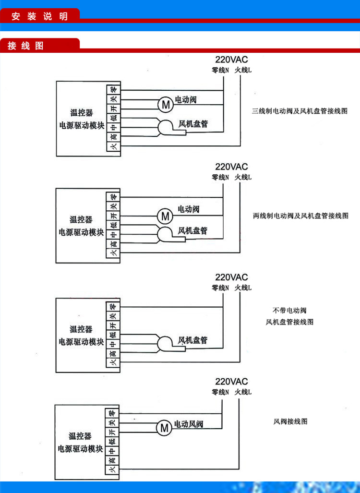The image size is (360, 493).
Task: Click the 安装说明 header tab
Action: [40, 16]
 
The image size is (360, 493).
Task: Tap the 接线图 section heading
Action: [25, 46]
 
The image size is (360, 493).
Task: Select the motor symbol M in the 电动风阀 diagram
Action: [164, 427]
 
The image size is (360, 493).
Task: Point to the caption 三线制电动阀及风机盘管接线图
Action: [300, 111]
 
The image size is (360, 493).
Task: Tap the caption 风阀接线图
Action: [290, 421]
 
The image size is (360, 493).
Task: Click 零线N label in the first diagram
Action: [221, 70]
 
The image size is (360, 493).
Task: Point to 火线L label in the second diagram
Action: [243, 177]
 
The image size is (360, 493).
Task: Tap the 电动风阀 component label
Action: [189, 424]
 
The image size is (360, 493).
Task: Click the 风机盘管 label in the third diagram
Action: [193, 340]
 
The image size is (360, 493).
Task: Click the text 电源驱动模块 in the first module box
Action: [81, 126]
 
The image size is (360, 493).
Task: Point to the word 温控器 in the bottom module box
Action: [80, 436]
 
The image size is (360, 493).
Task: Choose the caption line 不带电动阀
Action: [289, 310]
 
